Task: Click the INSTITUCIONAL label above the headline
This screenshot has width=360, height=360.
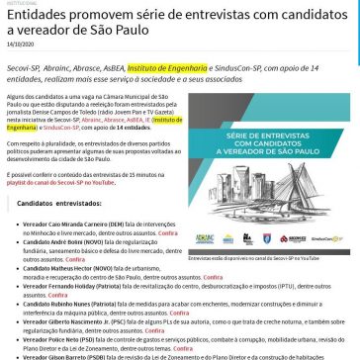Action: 17,3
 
